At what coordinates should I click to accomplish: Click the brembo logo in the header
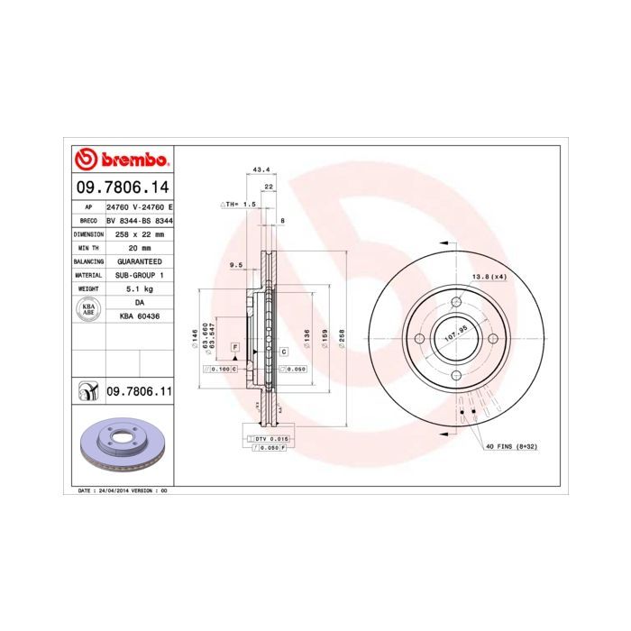(121, 160)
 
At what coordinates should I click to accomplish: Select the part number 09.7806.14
(120, 187)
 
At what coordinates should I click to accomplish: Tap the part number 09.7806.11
(139, 392)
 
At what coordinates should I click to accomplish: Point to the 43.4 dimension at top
(262, 169)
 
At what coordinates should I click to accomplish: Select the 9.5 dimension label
(237, 264)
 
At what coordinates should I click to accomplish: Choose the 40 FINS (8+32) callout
(511, 447)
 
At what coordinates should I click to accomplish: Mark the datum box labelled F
(235, 347)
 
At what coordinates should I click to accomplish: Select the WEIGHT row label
(88, 289)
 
